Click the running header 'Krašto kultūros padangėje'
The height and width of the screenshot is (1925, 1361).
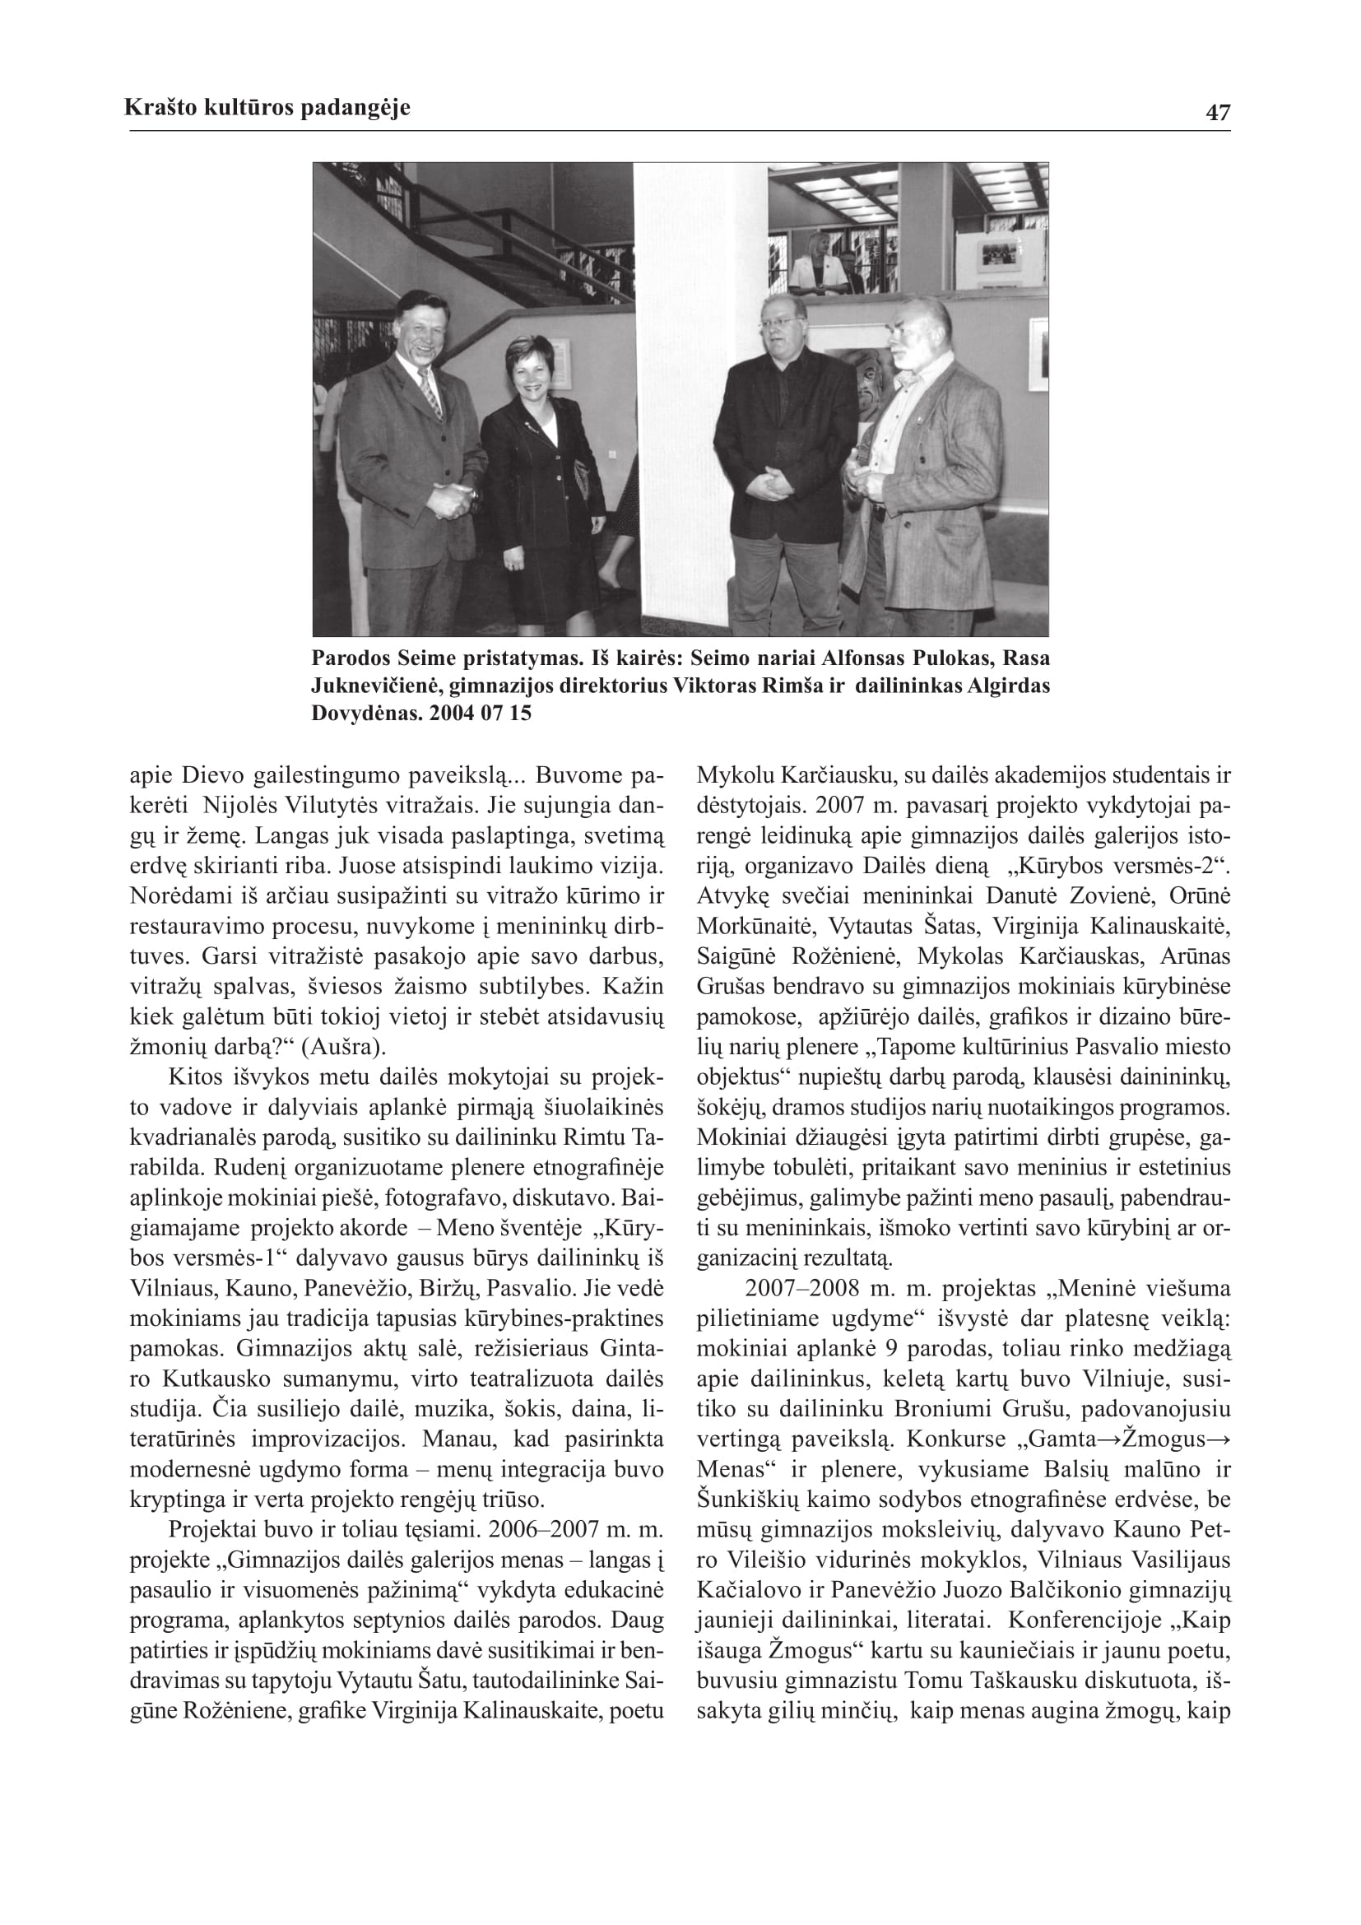click(267, 107)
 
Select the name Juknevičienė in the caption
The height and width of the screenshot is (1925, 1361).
click(374, 686)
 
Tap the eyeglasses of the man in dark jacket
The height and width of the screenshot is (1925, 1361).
click(778, 319)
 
